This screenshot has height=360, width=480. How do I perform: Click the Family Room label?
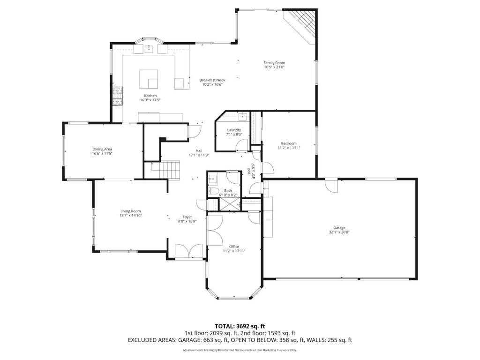click(x=274, y=63)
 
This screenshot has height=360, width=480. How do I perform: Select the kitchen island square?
click(x=149, y=79)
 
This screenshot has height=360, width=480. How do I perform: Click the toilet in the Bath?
click(x=213, y=191)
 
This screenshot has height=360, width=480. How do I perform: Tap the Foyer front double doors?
click(x=189, y=252)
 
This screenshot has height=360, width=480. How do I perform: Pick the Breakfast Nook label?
click(x=212, y=80)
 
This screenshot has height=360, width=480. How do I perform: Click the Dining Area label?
click(x=102, y=149)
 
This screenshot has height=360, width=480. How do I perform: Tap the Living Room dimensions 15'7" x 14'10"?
click(x=130, y=216)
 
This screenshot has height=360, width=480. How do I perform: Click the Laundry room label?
click(x=234, y=130)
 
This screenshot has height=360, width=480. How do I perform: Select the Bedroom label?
click(x=288, y=143)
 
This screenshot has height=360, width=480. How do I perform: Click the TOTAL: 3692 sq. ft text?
click(x=240, y=326)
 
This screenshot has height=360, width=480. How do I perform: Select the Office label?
click(x=234, y=247)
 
